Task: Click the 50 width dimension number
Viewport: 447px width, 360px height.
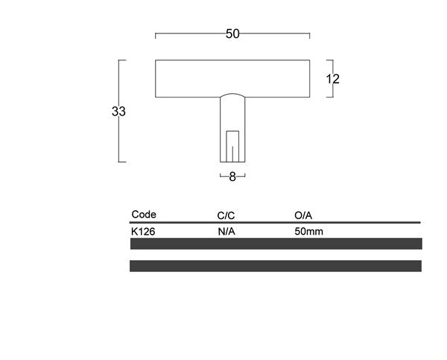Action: point(232,34)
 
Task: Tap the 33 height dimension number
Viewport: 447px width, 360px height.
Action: point(118,111)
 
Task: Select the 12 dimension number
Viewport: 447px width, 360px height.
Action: point(333,79)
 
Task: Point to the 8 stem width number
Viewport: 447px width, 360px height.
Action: point(232,177)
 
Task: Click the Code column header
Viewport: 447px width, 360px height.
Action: point(144,214)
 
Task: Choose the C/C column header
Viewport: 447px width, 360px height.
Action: point(226,215)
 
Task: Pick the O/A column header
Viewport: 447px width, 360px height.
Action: point(303,215)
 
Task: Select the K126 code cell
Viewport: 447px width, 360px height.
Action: point(143,232)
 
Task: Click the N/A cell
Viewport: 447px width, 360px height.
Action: point(226,232)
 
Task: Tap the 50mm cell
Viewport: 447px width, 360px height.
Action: point(308,231)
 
